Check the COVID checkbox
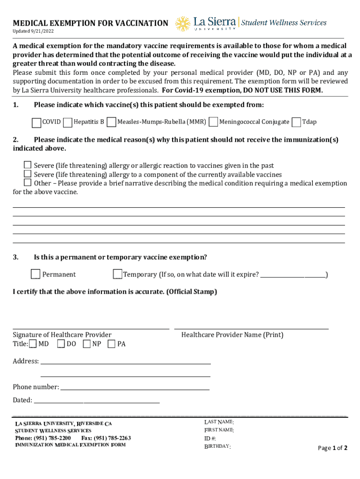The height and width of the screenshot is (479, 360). (36, 123)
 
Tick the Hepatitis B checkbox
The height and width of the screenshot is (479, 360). (67, 123)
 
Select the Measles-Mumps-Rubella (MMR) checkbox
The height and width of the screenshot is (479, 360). (111, 123)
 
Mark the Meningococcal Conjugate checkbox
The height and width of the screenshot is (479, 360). (213, 123)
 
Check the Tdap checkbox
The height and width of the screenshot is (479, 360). (296, 123)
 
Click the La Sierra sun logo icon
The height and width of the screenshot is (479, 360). (183, 24)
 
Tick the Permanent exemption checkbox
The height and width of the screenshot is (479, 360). (36, 274)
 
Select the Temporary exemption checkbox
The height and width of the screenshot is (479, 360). (117, 274)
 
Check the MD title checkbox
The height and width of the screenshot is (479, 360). (33, 344)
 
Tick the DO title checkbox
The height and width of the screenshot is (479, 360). (61, 344)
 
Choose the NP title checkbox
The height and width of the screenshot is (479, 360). (87, 344)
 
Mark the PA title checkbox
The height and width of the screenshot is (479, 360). (112, 344)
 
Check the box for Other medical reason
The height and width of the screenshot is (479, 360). (28, 183)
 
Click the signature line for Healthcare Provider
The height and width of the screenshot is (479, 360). (91, 327)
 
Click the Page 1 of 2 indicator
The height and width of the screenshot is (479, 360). (332, 448)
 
